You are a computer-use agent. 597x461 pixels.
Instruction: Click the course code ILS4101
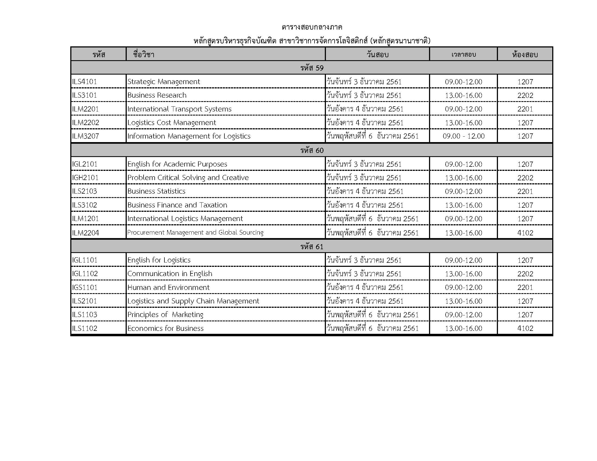click(x=84, y=82)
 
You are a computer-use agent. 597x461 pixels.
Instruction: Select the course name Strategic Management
click(x=163, y=82)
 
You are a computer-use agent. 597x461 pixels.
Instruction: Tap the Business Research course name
click(x=157, y=95)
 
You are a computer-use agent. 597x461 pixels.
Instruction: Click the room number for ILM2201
click(x=525, y=109)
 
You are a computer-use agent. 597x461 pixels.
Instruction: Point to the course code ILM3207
click(x=85, y=136)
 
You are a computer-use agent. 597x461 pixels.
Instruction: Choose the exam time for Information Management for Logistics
click(x=463, y=136)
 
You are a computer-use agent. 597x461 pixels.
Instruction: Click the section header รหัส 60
click(x=312, y=151)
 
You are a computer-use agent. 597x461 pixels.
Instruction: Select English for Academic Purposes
click(x=177, y=164)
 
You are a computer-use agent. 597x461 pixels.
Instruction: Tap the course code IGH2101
click(x=85, y=178)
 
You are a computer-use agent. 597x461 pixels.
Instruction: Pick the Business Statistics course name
click(x=156, y=191)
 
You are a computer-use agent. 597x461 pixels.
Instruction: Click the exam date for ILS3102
click(x=365, y=205)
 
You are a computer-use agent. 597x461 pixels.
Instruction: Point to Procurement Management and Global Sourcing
click(x=195, y=232)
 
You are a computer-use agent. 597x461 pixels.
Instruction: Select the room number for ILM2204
click(x=525, y=233)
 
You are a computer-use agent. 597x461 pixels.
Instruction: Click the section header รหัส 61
click(x=312, y=246)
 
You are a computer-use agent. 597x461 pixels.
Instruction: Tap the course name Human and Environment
click(x=168, y=287)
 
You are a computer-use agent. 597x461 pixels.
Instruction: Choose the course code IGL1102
click(x=85, y=274)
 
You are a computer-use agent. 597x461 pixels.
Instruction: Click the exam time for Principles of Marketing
click(x=463, y=315)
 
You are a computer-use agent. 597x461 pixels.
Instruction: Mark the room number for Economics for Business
click(x=525, y=328)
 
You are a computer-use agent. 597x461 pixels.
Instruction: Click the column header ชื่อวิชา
click(x=144, y=55)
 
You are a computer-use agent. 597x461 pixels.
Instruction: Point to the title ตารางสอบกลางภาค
click(x=312, y=27)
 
